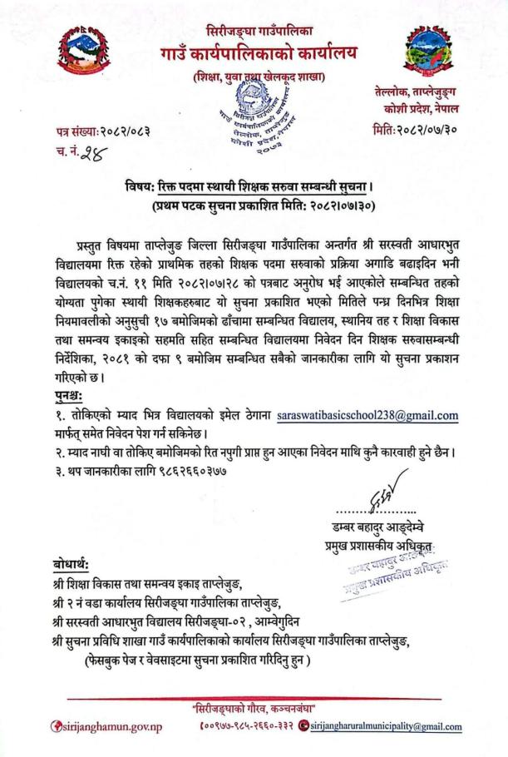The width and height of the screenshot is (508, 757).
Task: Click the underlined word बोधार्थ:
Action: [70, 564]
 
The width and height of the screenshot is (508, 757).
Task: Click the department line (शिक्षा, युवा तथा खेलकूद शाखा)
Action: [254, 77]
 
